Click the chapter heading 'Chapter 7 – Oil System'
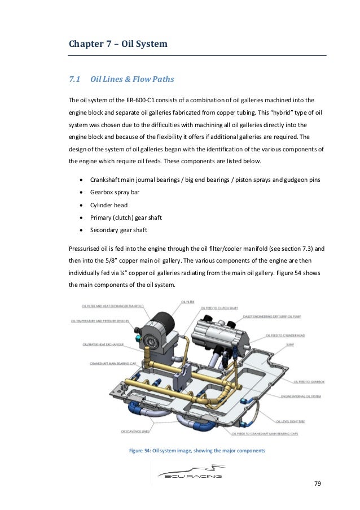pos(118,43)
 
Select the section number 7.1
pos(75,80)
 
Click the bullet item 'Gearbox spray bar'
pos(115,192)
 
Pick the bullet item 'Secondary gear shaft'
pos(118,230)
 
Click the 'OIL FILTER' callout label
pos(188,303)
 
